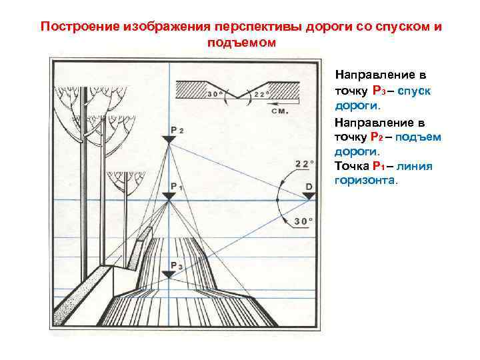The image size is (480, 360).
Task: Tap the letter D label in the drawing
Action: (x=309, y=186)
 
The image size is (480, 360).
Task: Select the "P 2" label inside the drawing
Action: (x=177, y=129)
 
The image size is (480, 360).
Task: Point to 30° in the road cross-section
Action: (x=215, y=95)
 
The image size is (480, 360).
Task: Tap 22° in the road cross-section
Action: (x=261, y=95)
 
